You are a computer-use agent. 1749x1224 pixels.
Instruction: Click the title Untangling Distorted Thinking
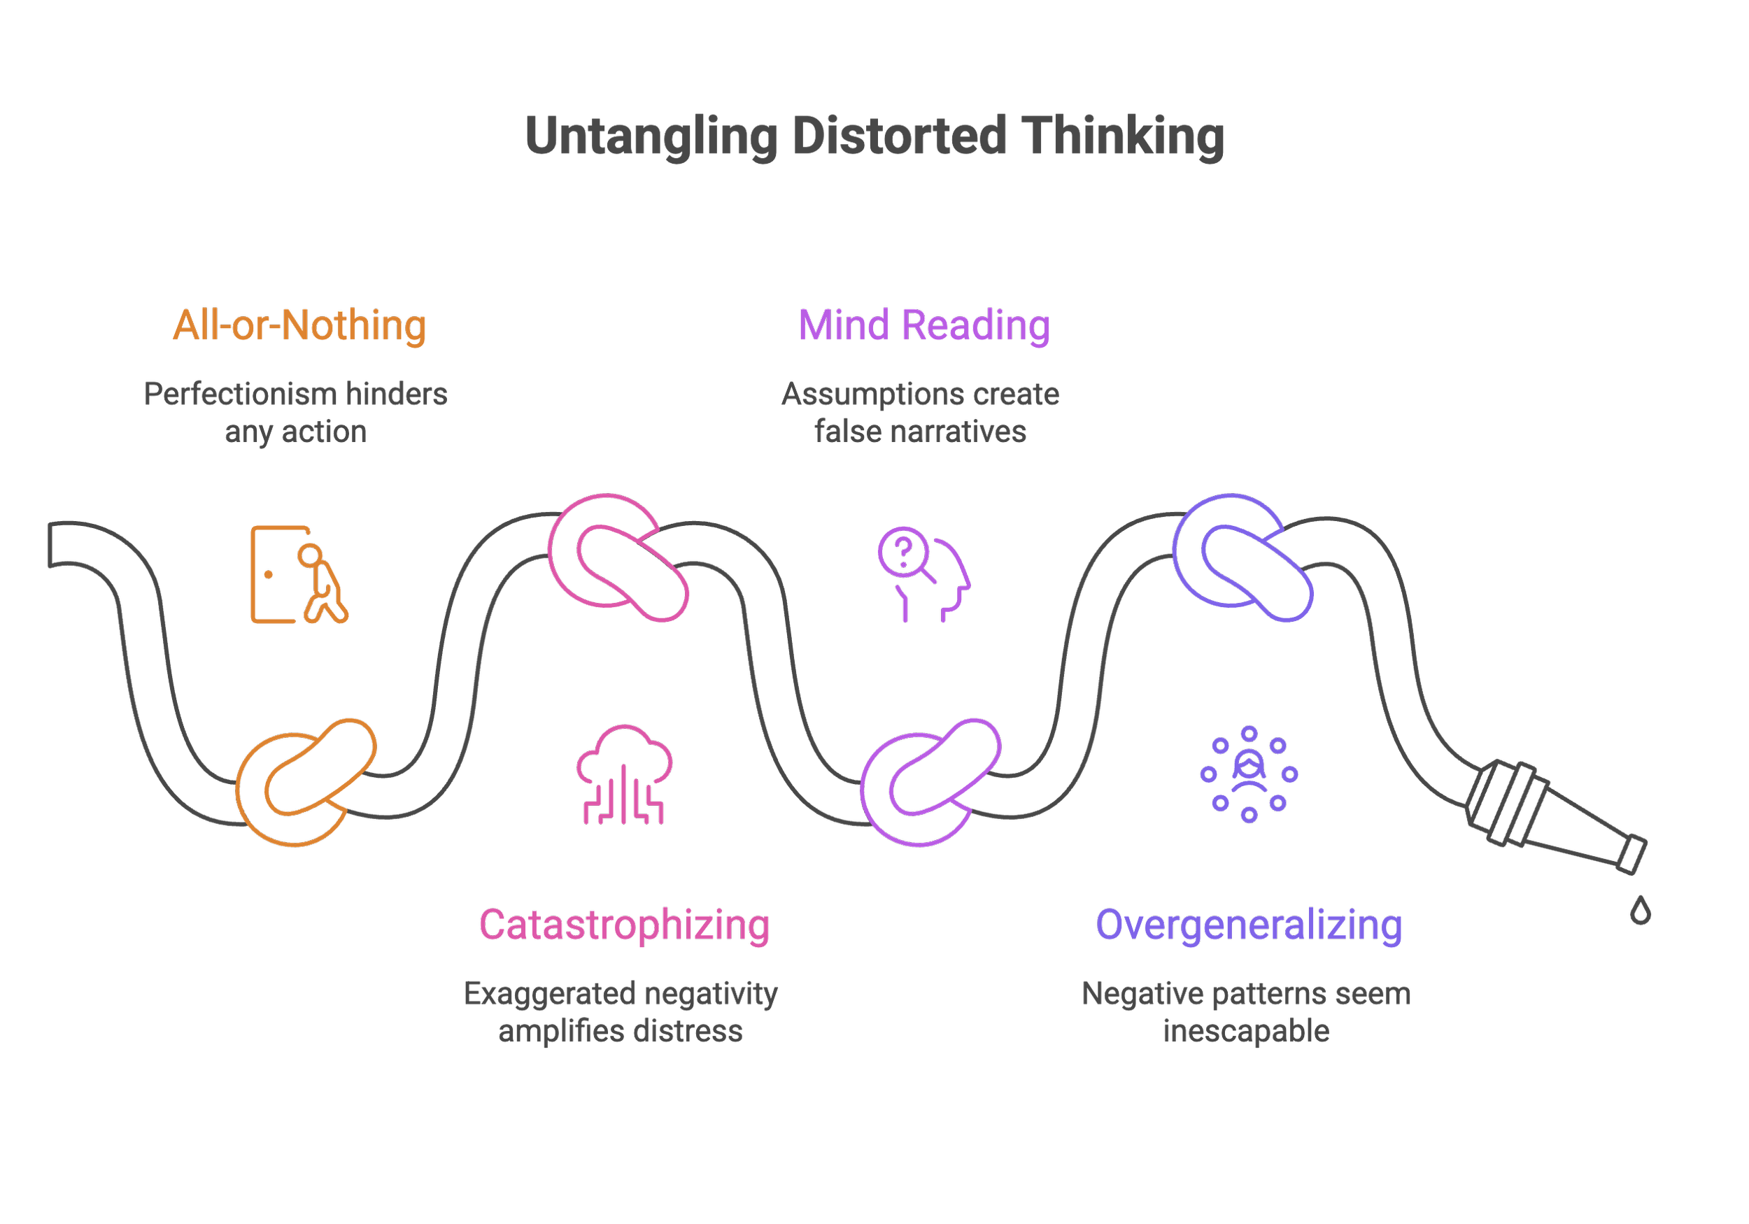(x=874, y=136)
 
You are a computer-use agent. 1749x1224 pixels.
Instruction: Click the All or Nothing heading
(x=299, y=325)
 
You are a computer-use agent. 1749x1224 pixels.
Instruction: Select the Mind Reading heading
(x=923, y=325)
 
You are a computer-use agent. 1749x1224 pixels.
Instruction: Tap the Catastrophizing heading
(x=624, y=925)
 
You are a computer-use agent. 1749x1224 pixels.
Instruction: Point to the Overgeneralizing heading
(x=1247, y=925)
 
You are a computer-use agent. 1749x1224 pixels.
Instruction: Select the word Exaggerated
(x=549, y=993)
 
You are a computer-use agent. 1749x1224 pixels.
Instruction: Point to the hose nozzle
(x=1554, y=818)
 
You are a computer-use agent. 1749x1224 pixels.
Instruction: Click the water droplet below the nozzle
(x=1640, y=910)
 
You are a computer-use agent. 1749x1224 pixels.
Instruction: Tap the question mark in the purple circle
(x=903, y=550)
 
